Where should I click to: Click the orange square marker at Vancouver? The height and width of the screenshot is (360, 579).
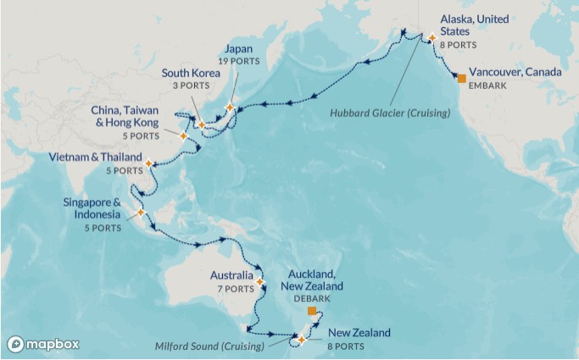[x=462, y=78]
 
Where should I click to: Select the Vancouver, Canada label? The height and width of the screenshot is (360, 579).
[x=515, y=72]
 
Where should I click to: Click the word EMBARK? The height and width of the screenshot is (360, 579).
[x=487, y=86]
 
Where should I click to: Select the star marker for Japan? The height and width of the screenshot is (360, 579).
[x=230, y=107]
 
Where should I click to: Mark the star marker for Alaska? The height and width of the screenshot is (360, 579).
[x=431, y=37]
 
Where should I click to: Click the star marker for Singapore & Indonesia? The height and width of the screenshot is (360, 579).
[x=141, y=212]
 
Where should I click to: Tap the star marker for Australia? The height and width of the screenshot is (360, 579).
[x=260, y=282]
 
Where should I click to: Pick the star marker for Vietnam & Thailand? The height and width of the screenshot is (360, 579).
[x=148, y=163]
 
